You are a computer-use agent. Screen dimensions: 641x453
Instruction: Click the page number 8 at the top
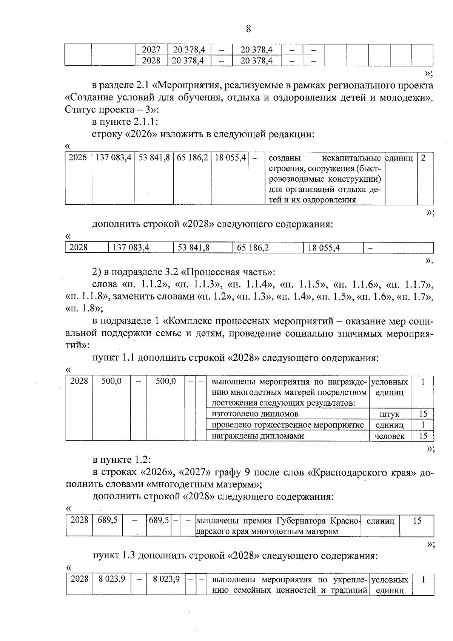point(248,29)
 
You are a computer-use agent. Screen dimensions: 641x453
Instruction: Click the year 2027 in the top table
point(151,50)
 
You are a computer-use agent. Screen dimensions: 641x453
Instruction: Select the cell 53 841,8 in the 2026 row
point(154,158)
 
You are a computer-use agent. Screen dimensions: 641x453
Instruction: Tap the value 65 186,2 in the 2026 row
point(192,158)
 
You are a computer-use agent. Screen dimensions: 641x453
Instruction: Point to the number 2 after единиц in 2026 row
point(423,158)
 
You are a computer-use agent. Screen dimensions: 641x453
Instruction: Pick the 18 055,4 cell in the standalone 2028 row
point(324,248)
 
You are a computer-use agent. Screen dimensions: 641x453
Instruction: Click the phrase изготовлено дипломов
point(255,414)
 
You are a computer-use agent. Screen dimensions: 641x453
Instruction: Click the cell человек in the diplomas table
point(390,436)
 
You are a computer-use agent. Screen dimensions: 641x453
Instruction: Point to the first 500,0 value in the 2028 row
point(111,381)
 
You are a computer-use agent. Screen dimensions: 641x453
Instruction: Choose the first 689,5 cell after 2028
point(108,521)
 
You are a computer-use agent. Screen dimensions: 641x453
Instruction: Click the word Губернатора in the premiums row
point(301,521)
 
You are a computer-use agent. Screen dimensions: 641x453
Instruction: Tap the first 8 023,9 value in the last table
point(112,579)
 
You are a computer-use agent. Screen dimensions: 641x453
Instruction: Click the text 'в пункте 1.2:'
point(122,460)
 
